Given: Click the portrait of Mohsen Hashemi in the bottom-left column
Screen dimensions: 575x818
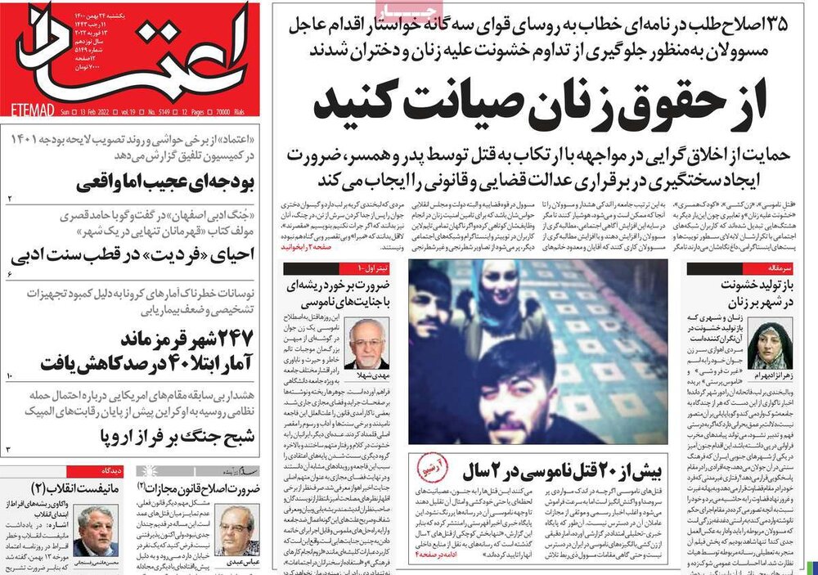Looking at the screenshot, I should click(x=96, y=530).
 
